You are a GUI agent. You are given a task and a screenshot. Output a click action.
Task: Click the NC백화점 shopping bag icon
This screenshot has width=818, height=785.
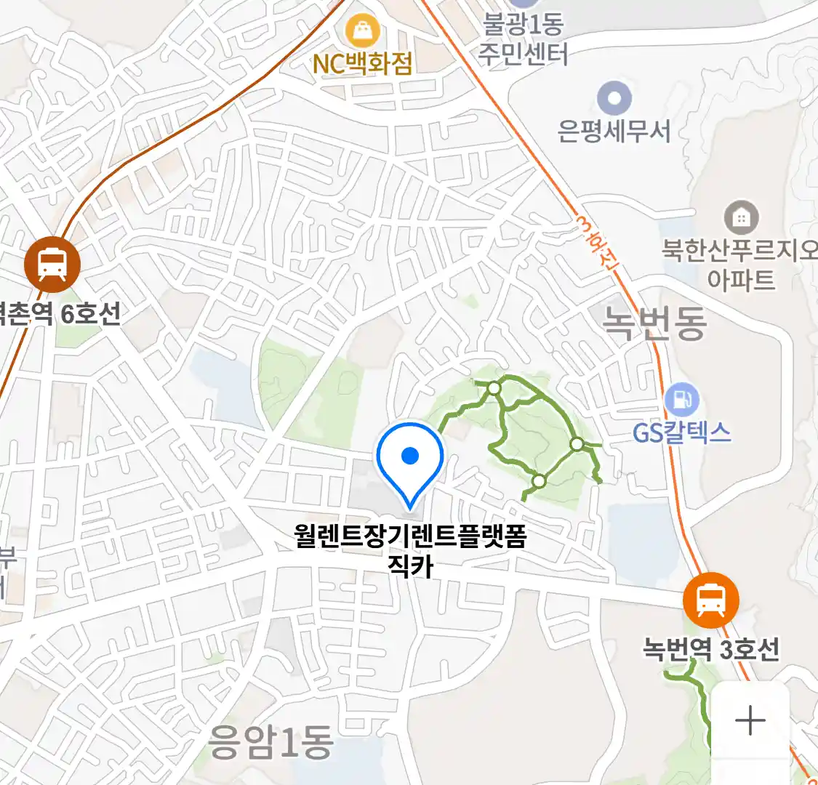361,31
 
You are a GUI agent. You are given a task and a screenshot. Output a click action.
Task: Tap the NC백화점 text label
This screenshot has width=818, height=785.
362,64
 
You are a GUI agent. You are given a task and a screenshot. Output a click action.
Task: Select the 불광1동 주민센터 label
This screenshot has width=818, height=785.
524,40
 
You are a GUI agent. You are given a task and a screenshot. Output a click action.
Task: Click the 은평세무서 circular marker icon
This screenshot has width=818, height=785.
614,98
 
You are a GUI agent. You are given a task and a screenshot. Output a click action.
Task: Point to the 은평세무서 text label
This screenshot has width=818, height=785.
614,132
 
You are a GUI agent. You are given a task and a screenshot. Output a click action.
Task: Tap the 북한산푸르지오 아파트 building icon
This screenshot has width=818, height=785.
741,217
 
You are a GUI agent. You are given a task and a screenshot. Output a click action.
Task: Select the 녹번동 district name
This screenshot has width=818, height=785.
655,323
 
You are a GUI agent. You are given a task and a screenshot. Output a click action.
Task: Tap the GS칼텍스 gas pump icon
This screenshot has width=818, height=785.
681,400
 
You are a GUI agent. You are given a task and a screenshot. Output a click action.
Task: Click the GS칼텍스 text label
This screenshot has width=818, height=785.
681,433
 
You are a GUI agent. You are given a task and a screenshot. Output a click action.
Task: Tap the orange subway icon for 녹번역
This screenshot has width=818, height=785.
710,600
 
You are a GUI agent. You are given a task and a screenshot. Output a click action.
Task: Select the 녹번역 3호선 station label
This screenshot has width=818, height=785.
710,648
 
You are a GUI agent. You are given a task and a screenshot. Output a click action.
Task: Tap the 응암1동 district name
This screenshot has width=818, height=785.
271,741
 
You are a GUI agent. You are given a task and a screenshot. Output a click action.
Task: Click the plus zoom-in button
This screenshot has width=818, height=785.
750,721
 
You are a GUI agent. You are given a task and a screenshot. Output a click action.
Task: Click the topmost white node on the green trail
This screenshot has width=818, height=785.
494,388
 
